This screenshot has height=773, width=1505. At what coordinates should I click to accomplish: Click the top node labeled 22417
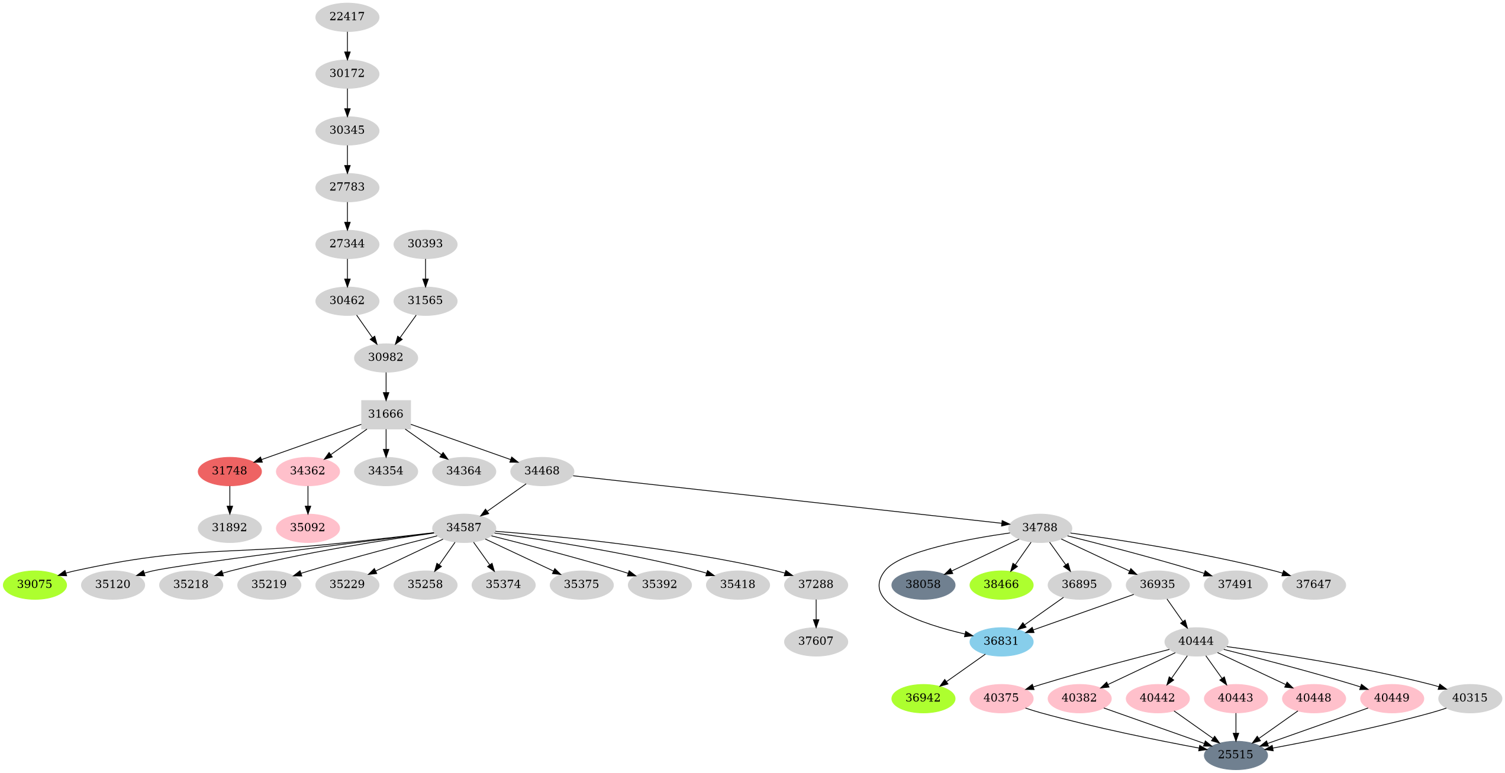click(x=347, y=17)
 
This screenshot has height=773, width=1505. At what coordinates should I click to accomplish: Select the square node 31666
click(x=386, y=414)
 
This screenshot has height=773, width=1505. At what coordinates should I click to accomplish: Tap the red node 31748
click(x=230, y=471)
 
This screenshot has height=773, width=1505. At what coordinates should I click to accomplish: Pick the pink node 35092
click(x=308, y=528)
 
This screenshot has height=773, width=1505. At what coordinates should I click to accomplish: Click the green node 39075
click(x=35, y=584)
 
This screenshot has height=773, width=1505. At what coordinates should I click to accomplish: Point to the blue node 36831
click(x=1001, y=641)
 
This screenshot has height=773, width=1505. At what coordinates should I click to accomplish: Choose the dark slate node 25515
click(x=1236, y=755)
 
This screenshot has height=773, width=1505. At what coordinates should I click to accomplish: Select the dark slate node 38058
click(x=923, y=584)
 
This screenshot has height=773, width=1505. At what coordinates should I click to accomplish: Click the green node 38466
click(x=1001, y=584)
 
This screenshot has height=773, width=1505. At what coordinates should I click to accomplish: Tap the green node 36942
click(x=923, y=698)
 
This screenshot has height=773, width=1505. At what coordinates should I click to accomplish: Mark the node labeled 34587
click(x=464, y=528)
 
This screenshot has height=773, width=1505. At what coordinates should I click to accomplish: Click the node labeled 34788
click(x=1040, y=528)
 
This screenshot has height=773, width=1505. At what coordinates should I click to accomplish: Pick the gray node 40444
click(x=1196, y=641)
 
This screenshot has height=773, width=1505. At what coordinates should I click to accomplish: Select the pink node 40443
click(x=1236, y=698)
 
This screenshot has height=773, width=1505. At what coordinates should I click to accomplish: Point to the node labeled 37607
click(x=816, y=641)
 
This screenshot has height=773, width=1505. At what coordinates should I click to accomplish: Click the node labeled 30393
click(x=426, y=244)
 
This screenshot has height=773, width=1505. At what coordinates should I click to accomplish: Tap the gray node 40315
click(x=1470, y=698)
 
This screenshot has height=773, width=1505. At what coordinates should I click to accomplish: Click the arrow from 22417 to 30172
click(x=347, y=45)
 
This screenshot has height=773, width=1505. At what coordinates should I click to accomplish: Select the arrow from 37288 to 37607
click(x=816, y=613)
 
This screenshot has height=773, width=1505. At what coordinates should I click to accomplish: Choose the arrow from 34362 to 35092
click(x=308, y=499)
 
